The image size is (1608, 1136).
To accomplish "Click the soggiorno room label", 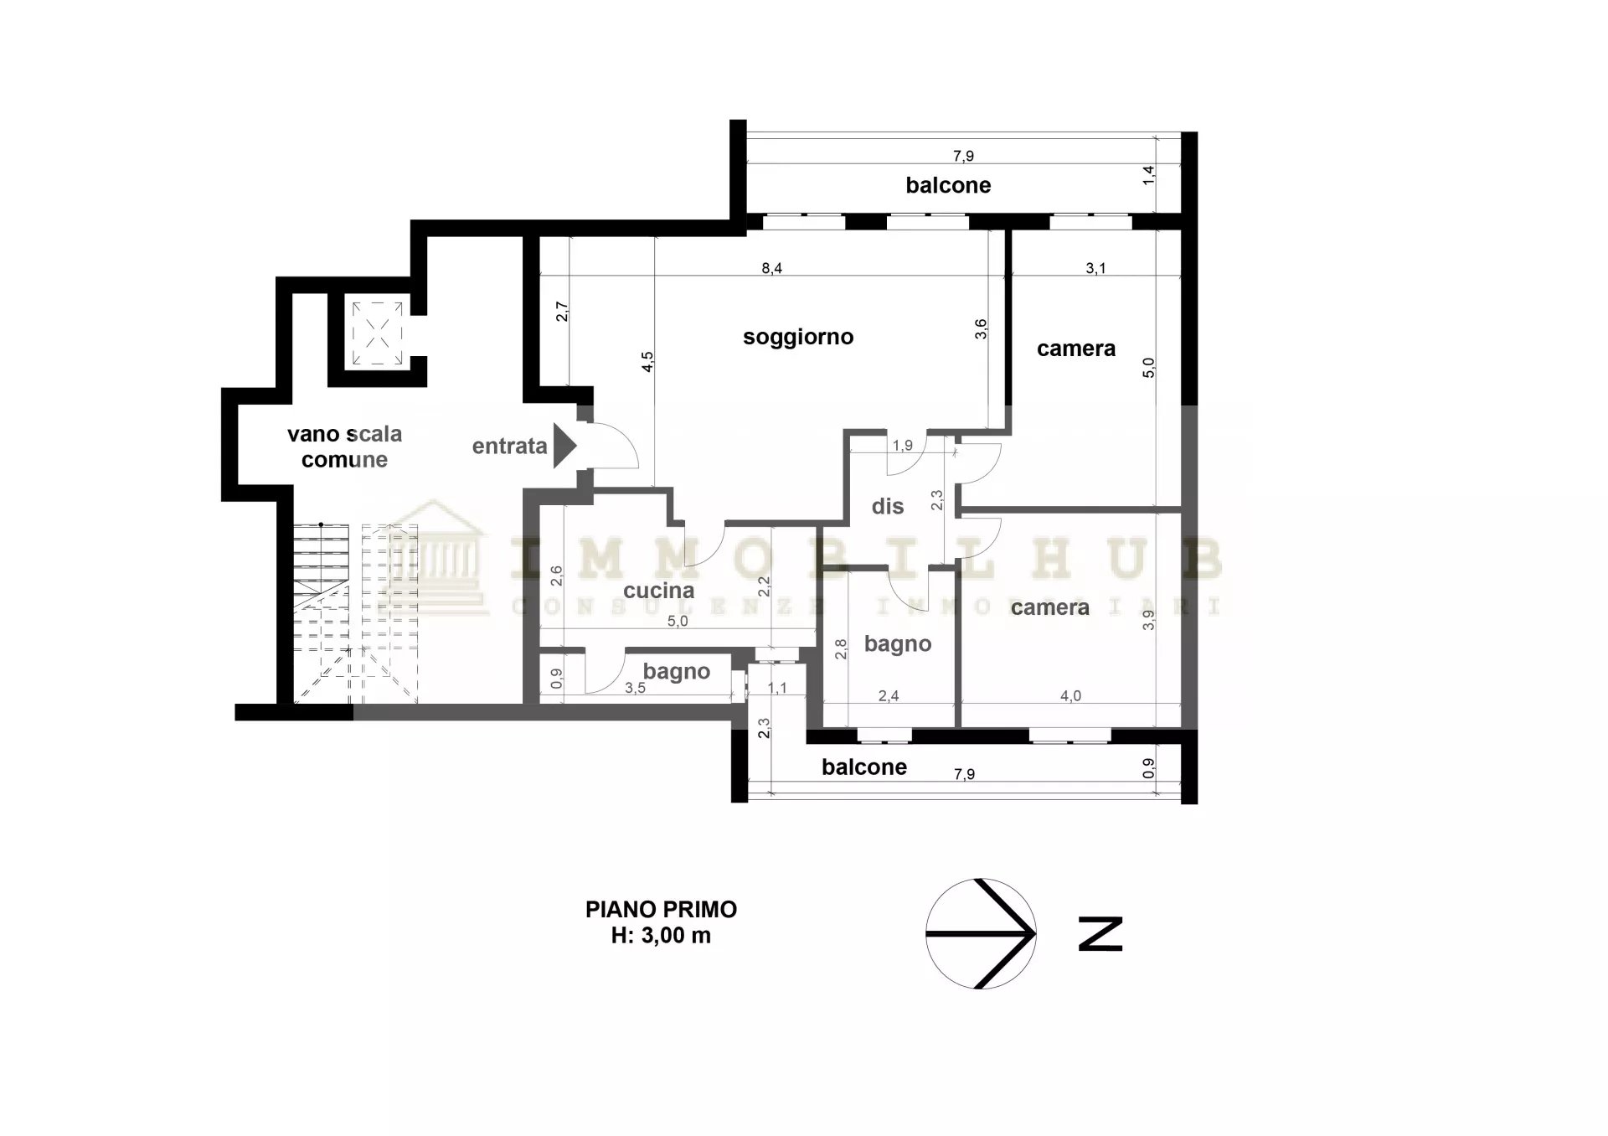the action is (x=798, y=338).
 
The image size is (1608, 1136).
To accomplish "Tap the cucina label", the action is (x=659, y=591).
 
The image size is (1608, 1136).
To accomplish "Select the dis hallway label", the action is (x=888, y=506).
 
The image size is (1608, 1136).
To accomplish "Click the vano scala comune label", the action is (x=344, y=447).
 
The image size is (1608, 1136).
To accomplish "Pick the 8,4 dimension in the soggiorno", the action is (x=772, y=268).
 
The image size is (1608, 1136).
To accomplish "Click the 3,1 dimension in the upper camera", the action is (x=1095, y=268).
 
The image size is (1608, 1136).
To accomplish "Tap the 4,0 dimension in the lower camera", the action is (x=1071, y=695).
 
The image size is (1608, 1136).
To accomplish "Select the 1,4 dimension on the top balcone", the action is (x=1149, y=175).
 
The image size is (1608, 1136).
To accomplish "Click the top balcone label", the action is (x=948, y=185).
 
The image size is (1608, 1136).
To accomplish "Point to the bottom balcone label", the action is (x=864, y=767).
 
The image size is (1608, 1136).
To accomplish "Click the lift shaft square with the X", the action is (x=377, y=333).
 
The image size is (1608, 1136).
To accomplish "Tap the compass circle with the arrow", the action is (x=981, y=933).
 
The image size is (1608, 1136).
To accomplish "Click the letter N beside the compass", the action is (x=1100, y=934).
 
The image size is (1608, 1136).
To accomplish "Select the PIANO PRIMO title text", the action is (x=661, y=909).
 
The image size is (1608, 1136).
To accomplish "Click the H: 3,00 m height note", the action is (x=661, y=936).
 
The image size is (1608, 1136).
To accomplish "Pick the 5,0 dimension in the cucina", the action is (x=678, y=622).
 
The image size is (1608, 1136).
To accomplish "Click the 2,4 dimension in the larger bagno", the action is (x=889, y=695).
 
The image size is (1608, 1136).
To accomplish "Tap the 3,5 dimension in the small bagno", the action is (x=636, y=689).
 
